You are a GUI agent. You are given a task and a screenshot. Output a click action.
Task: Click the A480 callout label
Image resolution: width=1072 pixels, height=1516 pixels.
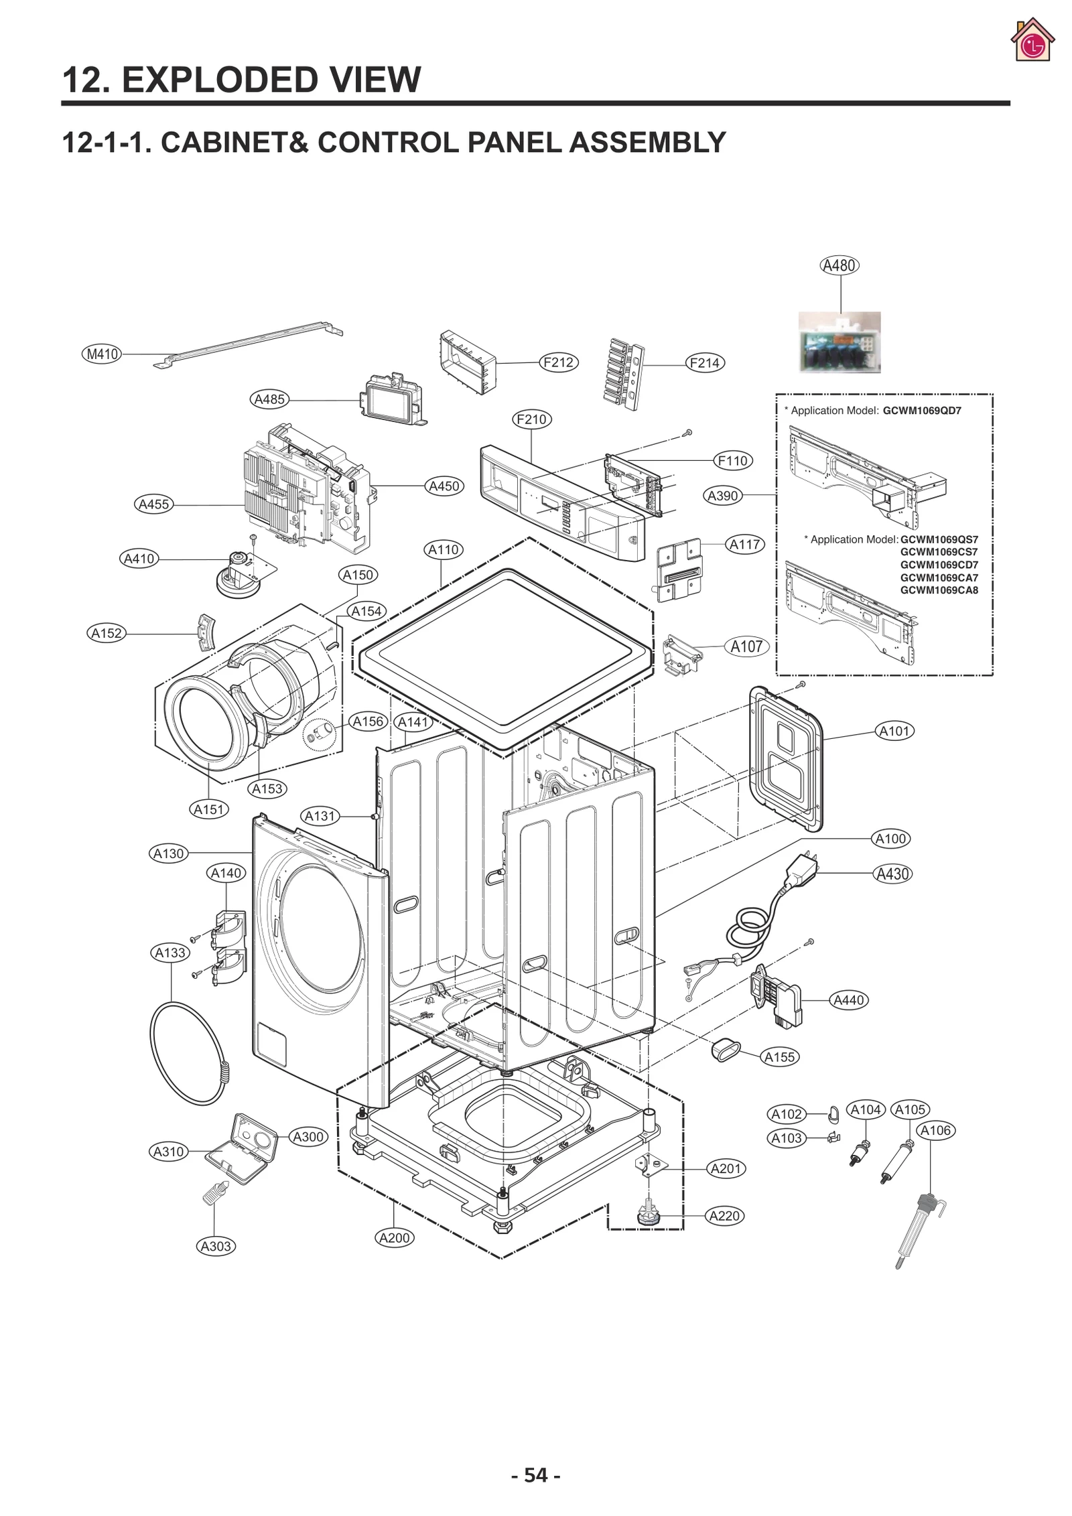click(839, 265)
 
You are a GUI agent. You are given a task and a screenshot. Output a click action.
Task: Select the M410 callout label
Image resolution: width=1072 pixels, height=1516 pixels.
click(102, 354)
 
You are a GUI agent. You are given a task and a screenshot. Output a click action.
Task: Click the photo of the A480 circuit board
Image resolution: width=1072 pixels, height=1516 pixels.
click(840, 342)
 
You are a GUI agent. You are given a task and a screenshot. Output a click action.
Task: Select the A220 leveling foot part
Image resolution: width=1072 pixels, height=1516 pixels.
click(647, 1215)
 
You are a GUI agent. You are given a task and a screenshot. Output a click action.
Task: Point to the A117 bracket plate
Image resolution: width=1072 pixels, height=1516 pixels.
click(679, 569)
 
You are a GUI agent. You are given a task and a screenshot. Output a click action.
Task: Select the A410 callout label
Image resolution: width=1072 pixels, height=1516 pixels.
click(139, 558)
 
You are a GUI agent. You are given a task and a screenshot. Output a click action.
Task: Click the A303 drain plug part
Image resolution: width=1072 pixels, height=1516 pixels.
click(214, 1192)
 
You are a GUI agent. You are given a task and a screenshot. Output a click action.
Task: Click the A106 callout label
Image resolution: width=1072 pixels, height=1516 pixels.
click(935, 1131)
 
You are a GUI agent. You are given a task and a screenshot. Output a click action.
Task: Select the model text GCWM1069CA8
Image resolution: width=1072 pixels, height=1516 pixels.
click(938, 590)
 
